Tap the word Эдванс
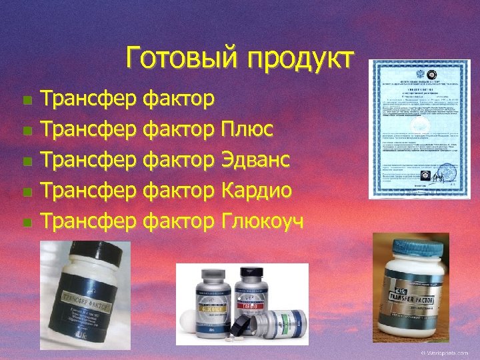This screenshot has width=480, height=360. (x=253, y=160)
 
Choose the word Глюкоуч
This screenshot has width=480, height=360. (x=261, y=222)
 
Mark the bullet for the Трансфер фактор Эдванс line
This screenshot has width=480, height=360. (x=27, y=161)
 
